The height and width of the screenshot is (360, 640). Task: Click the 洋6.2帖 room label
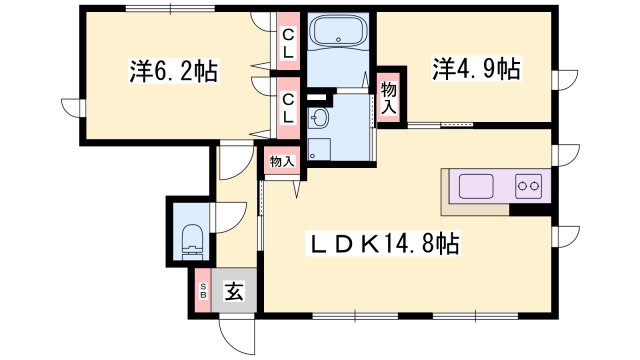click(x=174, y=71)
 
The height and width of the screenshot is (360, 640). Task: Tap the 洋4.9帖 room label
click(x=477, y=69)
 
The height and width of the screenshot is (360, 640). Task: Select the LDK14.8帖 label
click(x=384, y=244)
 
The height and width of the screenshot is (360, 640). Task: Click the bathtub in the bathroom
click(x=338, y=31)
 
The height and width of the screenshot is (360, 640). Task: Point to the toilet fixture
click(x=192, y=242)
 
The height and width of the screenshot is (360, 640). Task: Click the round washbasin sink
click(x=318, y=118)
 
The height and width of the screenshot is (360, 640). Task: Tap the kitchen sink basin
click(x=476, y=186)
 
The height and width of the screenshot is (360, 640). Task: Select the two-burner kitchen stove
click(x=529, y=186)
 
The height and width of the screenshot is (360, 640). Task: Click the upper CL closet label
click(x=288, y=44)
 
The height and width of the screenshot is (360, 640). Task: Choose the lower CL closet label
click(x=288, y=108)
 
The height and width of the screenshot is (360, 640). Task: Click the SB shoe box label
click(x=203, y=291)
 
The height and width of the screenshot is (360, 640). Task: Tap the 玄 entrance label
click(x=234, y=291)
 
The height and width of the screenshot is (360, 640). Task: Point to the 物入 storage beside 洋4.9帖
click(x=389, y=97)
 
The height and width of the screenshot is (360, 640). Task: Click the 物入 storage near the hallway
click(x=282, y=161)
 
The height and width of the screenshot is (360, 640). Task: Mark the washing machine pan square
click(x=319, y=149)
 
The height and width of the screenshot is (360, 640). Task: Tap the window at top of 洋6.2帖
click(x=170, y=8)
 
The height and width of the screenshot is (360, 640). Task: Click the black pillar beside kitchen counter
click(x=530, y=209)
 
